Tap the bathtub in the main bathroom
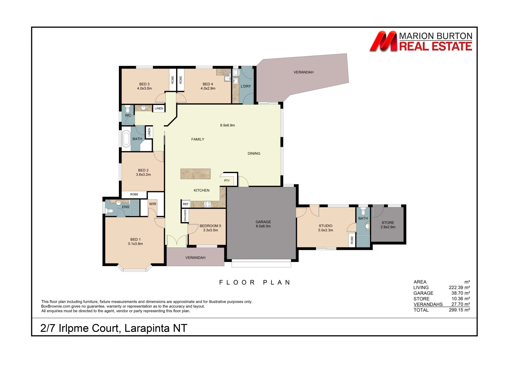126,139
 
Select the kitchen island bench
196,174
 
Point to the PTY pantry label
227,181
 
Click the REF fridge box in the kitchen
186,204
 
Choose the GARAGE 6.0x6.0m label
263,224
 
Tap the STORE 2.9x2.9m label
388,225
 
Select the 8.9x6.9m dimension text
227,125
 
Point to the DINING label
254,153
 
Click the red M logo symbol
383,41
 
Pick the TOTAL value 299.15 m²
459,310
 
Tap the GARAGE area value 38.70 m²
460,293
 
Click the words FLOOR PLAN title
255,282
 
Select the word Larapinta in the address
147,328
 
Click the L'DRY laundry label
246,86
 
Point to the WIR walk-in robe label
153,204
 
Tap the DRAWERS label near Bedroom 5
185,215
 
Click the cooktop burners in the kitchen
207,204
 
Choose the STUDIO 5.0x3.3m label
326,228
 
